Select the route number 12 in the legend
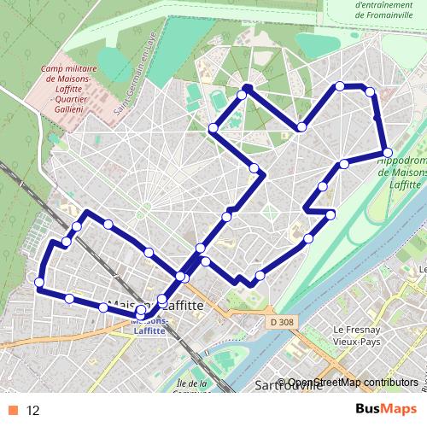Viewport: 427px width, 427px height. [x=33, y=410]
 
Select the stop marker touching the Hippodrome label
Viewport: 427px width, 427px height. [x=387, y=153]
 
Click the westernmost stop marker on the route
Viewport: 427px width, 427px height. [x=39, y=282]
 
